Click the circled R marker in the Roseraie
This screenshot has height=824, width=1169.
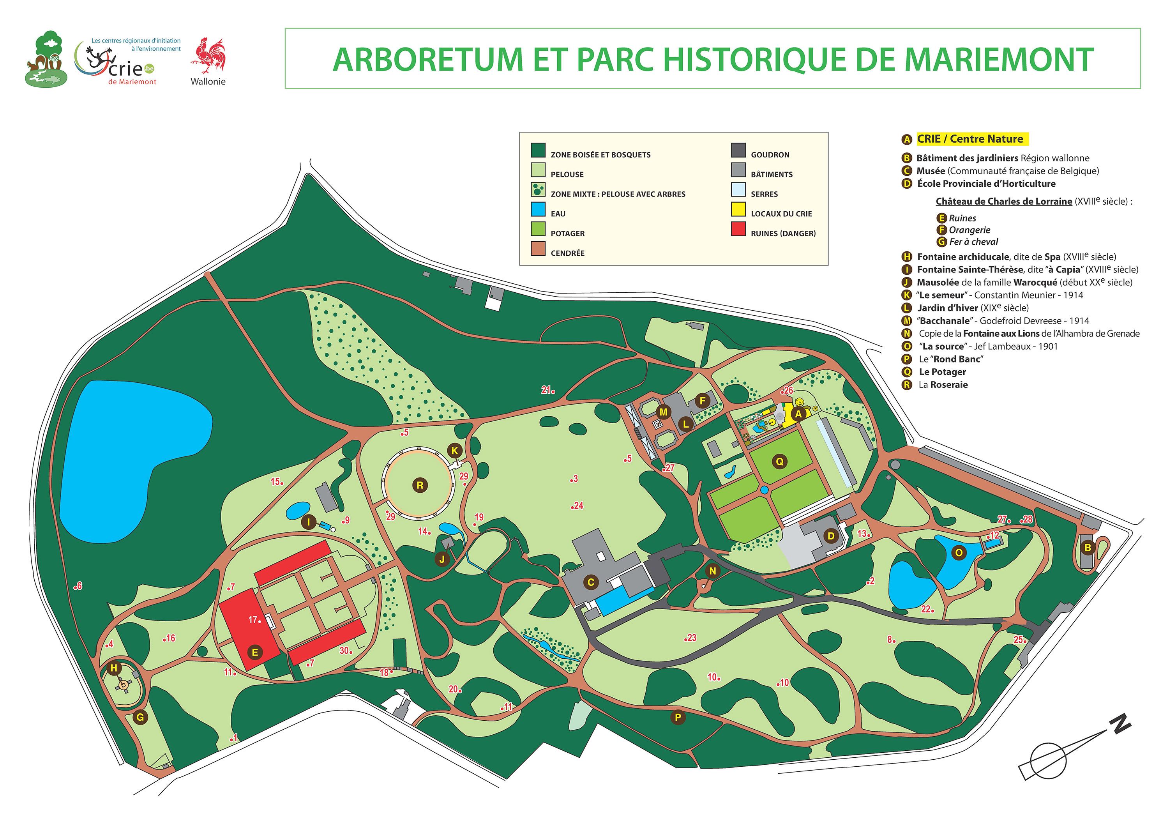coord(420,485)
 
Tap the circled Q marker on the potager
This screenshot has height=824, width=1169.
coord(779,462)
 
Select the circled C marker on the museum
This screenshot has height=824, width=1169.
coord(591,582)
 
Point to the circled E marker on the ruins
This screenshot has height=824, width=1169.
coord(254,652)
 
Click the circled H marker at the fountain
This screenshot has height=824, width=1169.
coord(114,668)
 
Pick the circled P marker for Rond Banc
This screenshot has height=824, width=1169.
coord(678,717)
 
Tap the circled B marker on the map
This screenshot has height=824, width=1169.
coord(1088,548)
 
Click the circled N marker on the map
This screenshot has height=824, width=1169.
coord(713,571)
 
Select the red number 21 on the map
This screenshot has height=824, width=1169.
coord(546,390)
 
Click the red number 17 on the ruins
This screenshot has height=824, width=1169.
coord(253,620)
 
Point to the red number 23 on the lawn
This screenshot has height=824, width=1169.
coord(691,638)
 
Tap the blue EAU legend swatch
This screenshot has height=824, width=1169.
coord(538,209)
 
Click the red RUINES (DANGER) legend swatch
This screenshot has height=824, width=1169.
coord(738,229)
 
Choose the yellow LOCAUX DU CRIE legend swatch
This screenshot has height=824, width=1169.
coord(738,209)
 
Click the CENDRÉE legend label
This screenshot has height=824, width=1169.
coord(567,253)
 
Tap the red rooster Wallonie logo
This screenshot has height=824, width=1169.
coord(208,56)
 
